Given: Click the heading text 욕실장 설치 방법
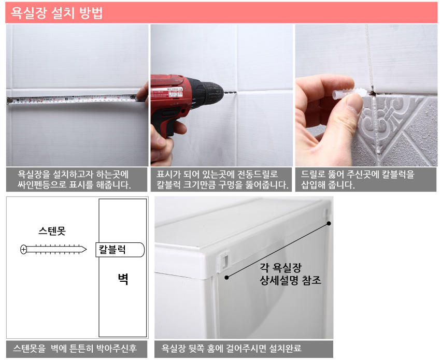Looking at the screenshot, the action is coord(56,13).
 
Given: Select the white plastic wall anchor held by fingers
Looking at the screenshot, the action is coord(349,93).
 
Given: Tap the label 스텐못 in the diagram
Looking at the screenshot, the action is coord(52,231).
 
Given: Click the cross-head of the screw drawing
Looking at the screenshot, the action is coord(24,249).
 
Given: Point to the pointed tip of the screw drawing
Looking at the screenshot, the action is coord(86,249).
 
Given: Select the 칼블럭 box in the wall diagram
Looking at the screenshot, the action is coord(120,250).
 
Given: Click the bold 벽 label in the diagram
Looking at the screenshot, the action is coord(123,279).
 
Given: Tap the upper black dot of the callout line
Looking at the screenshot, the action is coord(329,223).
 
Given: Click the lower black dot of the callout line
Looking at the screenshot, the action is coord(226,278).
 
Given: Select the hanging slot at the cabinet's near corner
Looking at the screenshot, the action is coord(224,260).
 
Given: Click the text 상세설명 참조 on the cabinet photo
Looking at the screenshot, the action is coord(290,280).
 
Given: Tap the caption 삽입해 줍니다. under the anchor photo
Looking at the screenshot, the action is coord(328,185).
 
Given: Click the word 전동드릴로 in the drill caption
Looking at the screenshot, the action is coord(258,174).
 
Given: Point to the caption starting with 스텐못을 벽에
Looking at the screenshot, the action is coord(75,349).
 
